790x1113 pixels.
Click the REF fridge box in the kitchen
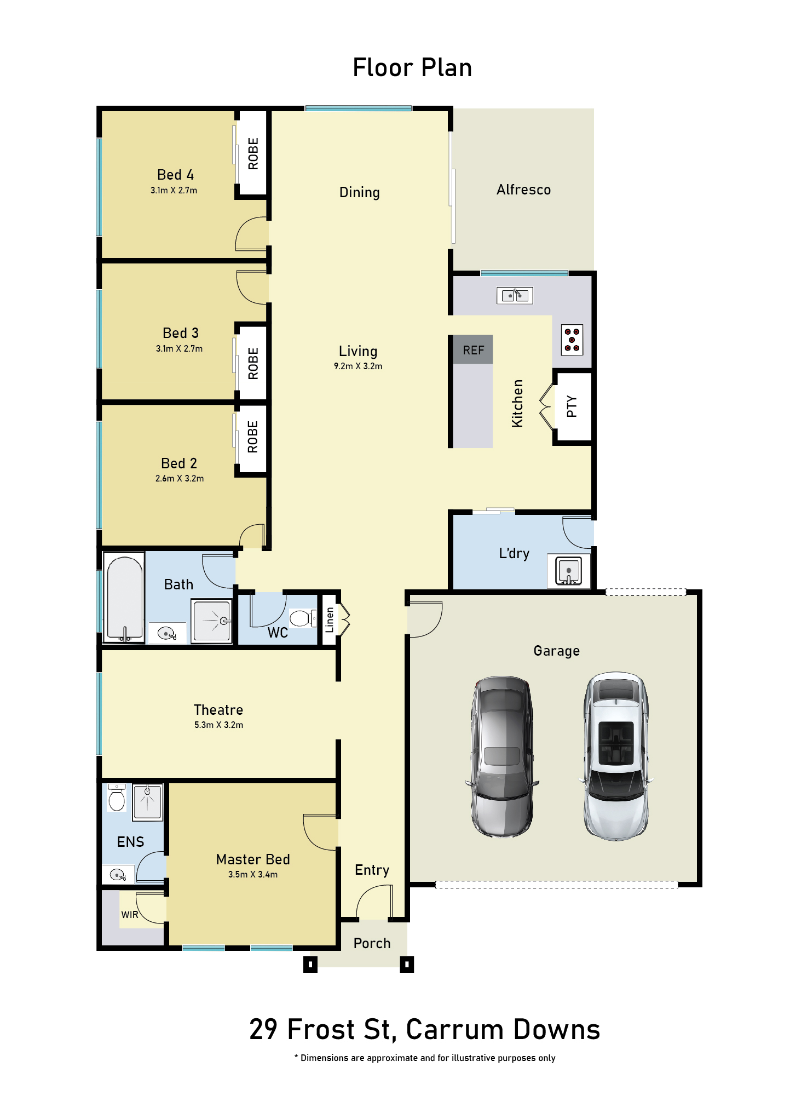pos(473,349)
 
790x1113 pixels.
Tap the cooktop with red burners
pos(572,340)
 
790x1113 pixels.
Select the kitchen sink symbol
pos(515,295)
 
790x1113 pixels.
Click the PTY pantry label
pos(572,406)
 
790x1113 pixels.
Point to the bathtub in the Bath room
pos(125,598)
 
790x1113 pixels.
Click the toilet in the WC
pos(303,618)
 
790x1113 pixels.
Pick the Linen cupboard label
pos(329,620)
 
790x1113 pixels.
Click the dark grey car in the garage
pos(502,756)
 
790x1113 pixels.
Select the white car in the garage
pos(616,756)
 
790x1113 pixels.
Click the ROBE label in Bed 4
pos(253,153)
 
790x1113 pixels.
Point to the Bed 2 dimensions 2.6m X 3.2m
pos(180,478)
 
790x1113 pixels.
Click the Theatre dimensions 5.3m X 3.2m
pos(218,725)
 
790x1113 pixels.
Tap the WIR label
pos(130,915)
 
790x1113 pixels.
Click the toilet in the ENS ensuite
pos(117,798)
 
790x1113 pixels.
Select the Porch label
pos(372,943)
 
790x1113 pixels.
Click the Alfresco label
pos(523,190)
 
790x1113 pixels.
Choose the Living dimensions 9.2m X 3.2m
pos(358,366)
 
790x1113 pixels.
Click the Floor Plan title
pos(412,67)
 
